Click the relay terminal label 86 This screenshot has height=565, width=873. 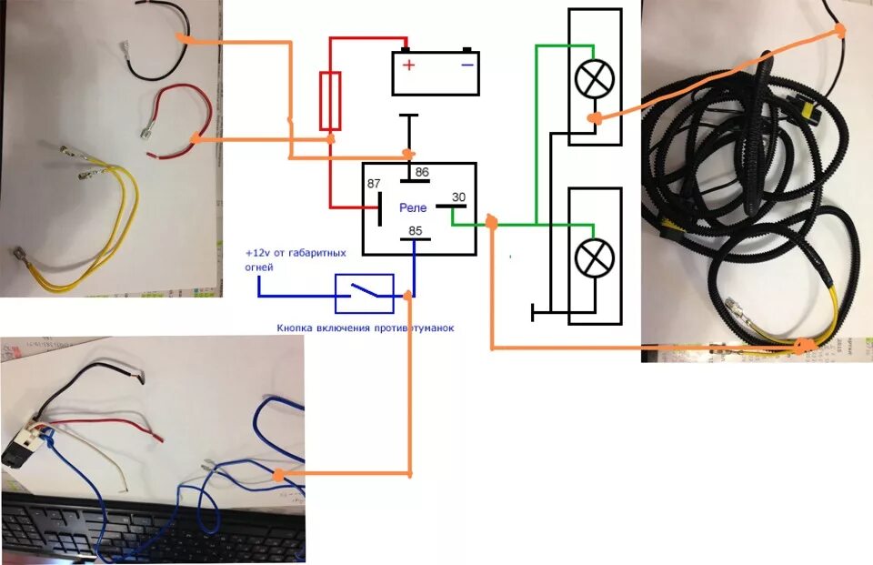click(421, 173)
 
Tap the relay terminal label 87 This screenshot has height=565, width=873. click(374, 185)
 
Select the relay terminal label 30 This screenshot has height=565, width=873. click(458, 197)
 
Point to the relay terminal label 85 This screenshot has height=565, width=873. click(415, 230)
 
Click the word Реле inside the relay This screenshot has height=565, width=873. click(413, 208)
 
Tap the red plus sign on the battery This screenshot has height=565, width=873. click(409, 65)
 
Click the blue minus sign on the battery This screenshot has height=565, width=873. click(466, 65)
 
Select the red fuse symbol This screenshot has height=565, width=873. click(330, 100)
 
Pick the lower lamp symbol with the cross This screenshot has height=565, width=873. click(595, 257)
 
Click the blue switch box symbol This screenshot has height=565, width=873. click(365, 294)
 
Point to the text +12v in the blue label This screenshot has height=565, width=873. click(258, 252)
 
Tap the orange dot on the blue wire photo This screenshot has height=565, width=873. click(277, 475)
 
